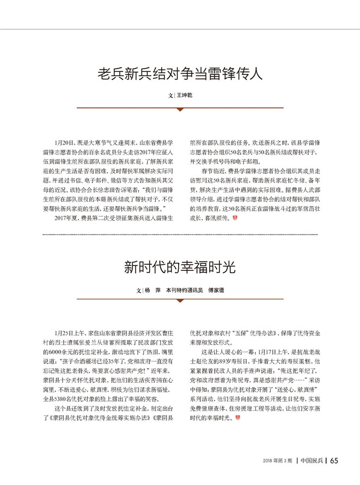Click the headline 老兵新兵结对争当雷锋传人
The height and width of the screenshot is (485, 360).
(x=180, y=74)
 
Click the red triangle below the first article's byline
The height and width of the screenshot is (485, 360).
(x=180, y=109)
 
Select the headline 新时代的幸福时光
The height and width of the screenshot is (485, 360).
(x=180, y=268)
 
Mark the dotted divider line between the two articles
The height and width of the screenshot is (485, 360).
(x=180, y=235)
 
